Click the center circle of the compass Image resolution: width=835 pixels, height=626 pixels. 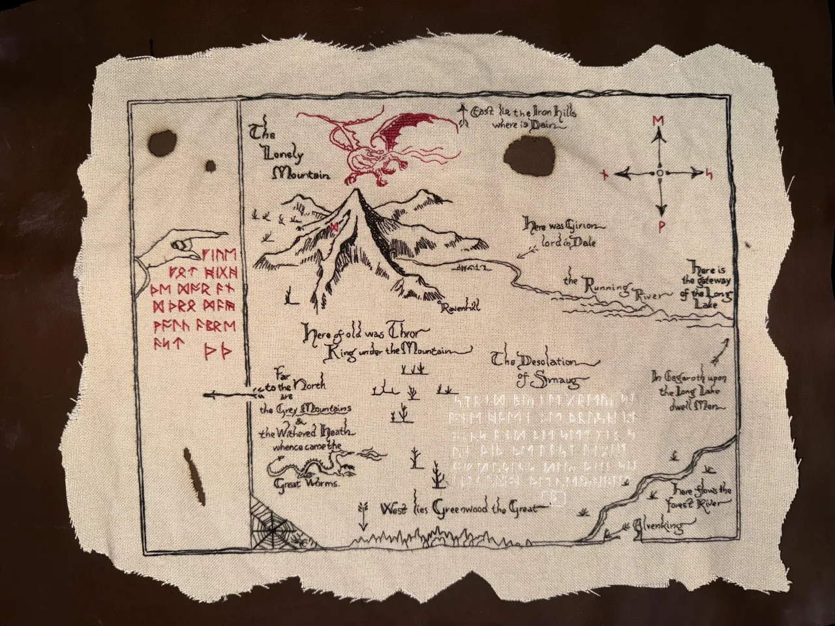tap(660, 173)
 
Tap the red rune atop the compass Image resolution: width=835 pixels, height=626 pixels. tap(658, 121)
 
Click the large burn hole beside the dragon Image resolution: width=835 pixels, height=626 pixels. tap(525, 158)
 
